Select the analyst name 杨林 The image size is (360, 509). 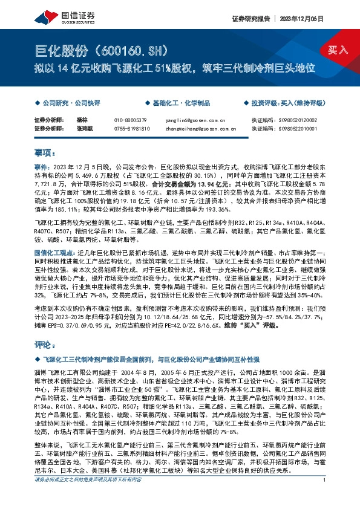coord(83,120)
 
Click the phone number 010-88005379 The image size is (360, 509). coord(131,120)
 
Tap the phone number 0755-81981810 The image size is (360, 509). coord(132,128)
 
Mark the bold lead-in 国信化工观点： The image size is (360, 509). coord(54,250)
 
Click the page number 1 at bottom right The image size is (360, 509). coord(325,497)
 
